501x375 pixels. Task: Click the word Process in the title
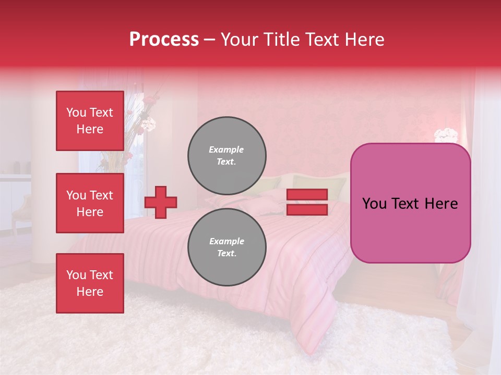click(164, 40)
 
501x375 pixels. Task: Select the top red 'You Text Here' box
click(90, 121)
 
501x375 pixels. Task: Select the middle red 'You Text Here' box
click(90, 203)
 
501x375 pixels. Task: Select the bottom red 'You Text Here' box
click(90, 283)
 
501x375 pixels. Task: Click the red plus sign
click(161, 202)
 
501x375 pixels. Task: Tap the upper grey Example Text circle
click(226, 156)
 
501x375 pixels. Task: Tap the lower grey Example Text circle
click(226, 247)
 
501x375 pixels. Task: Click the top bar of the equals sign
click(307, 195)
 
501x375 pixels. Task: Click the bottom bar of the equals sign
click(307, 209)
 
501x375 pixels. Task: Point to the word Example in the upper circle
click(226, 149)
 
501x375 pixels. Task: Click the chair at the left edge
click(21, 211)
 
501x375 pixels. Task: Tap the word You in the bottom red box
click(76, 275)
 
